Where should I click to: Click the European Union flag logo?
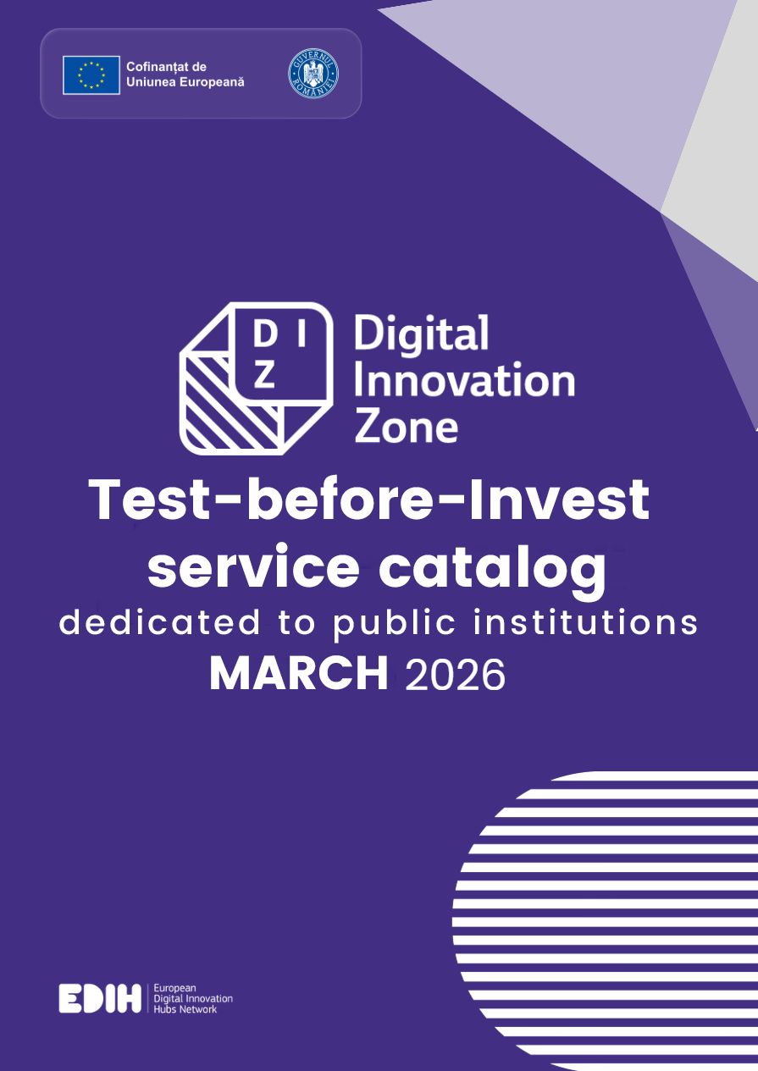click(x=91, y=75)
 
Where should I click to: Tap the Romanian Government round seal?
click(x=313, y=73)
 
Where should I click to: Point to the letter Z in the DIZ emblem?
click(x=265, y=377)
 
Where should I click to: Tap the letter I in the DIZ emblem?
click(x=299, y=337)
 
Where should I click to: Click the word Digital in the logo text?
click(x=421, y=335)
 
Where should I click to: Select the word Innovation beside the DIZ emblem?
click(x=464, y=381)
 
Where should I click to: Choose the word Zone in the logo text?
click(x=406, y=427)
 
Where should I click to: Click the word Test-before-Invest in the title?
click(x=369, y=500)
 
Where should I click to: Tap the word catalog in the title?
click(x=492, y=569)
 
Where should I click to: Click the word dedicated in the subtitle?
click(x=160, y=623)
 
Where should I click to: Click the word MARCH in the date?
click(x=298, y=674)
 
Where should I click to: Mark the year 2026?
click(x=456, y=675)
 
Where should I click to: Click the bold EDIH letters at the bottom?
click(x=100, y=999)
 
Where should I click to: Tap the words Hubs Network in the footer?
click(x=185, y=1009)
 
